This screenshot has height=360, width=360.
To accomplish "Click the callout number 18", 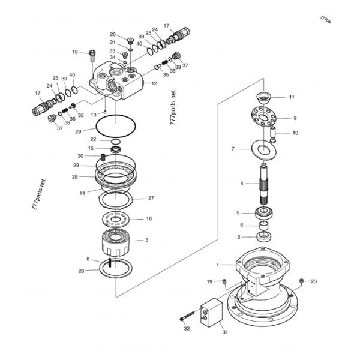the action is click(x=75, y=52).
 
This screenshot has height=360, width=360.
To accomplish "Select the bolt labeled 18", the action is click(x=92, y=56).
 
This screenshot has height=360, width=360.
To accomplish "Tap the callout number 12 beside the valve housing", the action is click(x=154, y=83).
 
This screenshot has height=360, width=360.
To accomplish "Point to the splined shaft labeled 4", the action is click(x=265, y=184).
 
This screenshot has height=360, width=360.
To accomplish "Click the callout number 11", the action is click(x=292, y=97).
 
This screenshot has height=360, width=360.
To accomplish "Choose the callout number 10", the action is click(x=295, y=133).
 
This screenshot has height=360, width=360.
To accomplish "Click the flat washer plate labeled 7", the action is click(x=264, y=150).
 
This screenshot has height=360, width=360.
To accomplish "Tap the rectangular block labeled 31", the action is click(x=212, y=312).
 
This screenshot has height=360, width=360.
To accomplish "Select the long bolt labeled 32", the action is click(x=187, y=316).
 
